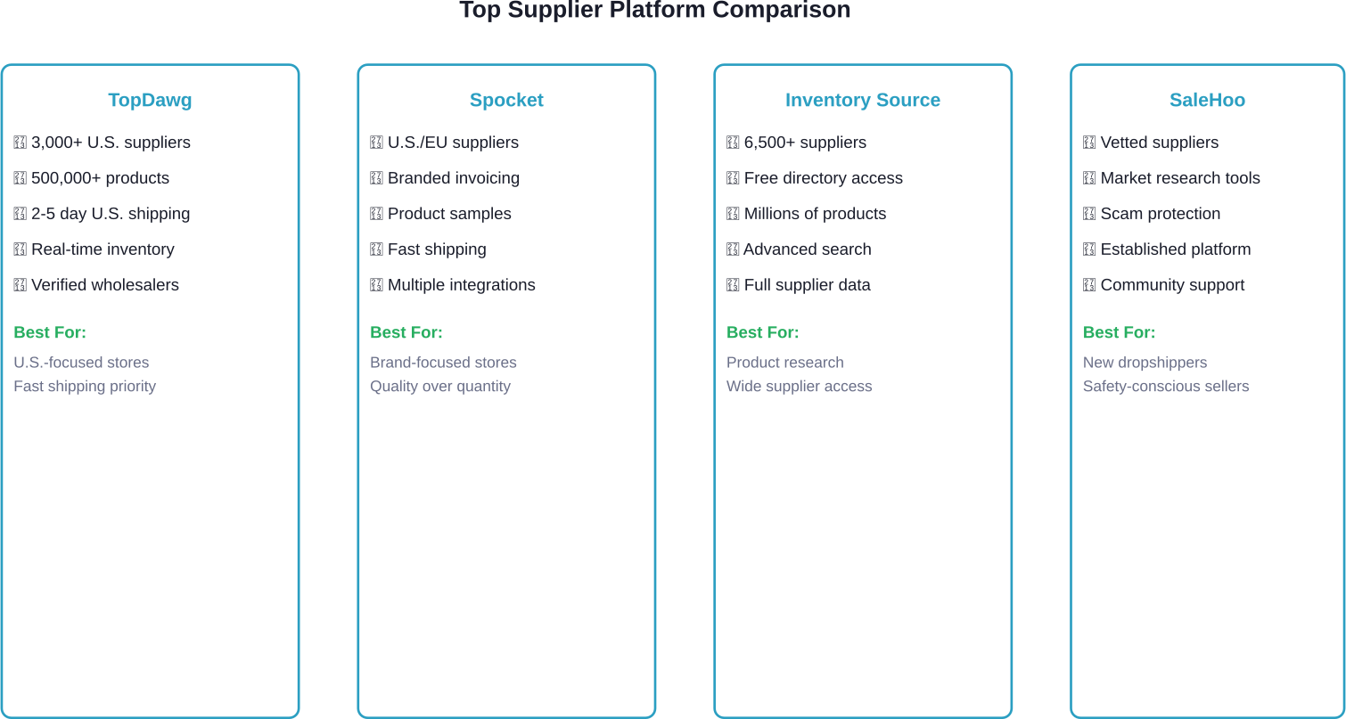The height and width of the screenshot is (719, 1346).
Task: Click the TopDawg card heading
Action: click(150, 101)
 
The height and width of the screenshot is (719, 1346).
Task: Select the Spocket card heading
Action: click(506, 101)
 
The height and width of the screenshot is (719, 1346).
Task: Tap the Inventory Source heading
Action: click(862, 101)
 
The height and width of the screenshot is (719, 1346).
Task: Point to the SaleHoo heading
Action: click(1207, 101)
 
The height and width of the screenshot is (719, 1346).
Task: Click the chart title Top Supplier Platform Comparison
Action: click(654, 11)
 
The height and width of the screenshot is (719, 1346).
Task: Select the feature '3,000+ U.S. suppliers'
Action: click(111, 143)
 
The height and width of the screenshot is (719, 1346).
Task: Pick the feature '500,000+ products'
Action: click(100, 178)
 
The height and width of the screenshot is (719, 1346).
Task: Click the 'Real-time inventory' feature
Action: click(103, 249)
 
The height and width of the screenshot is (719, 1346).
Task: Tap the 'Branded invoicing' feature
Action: click(453, 178)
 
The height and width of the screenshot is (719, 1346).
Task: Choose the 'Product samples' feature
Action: click(449, 214)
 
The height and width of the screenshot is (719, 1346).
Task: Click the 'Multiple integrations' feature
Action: click(461, 285)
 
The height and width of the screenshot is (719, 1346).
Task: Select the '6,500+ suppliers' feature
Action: click(805, 143)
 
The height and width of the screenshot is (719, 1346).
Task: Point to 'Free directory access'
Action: click(823, 178)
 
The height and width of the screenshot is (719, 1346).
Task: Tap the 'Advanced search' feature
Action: click(808, 249)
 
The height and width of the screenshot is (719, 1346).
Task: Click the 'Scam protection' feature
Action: click(1160, 214)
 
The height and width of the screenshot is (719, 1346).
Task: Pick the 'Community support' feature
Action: click(1172, 285)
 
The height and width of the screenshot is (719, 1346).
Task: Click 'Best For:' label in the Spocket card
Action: click(406, 333)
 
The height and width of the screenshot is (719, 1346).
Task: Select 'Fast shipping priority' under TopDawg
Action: click(85, 387)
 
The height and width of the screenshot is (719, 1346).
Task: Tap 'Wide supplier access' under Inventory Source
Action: click(799, 387)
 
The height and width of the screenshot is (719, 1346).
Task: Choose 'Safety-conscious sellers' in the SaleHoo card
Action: click(1166, 387)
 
